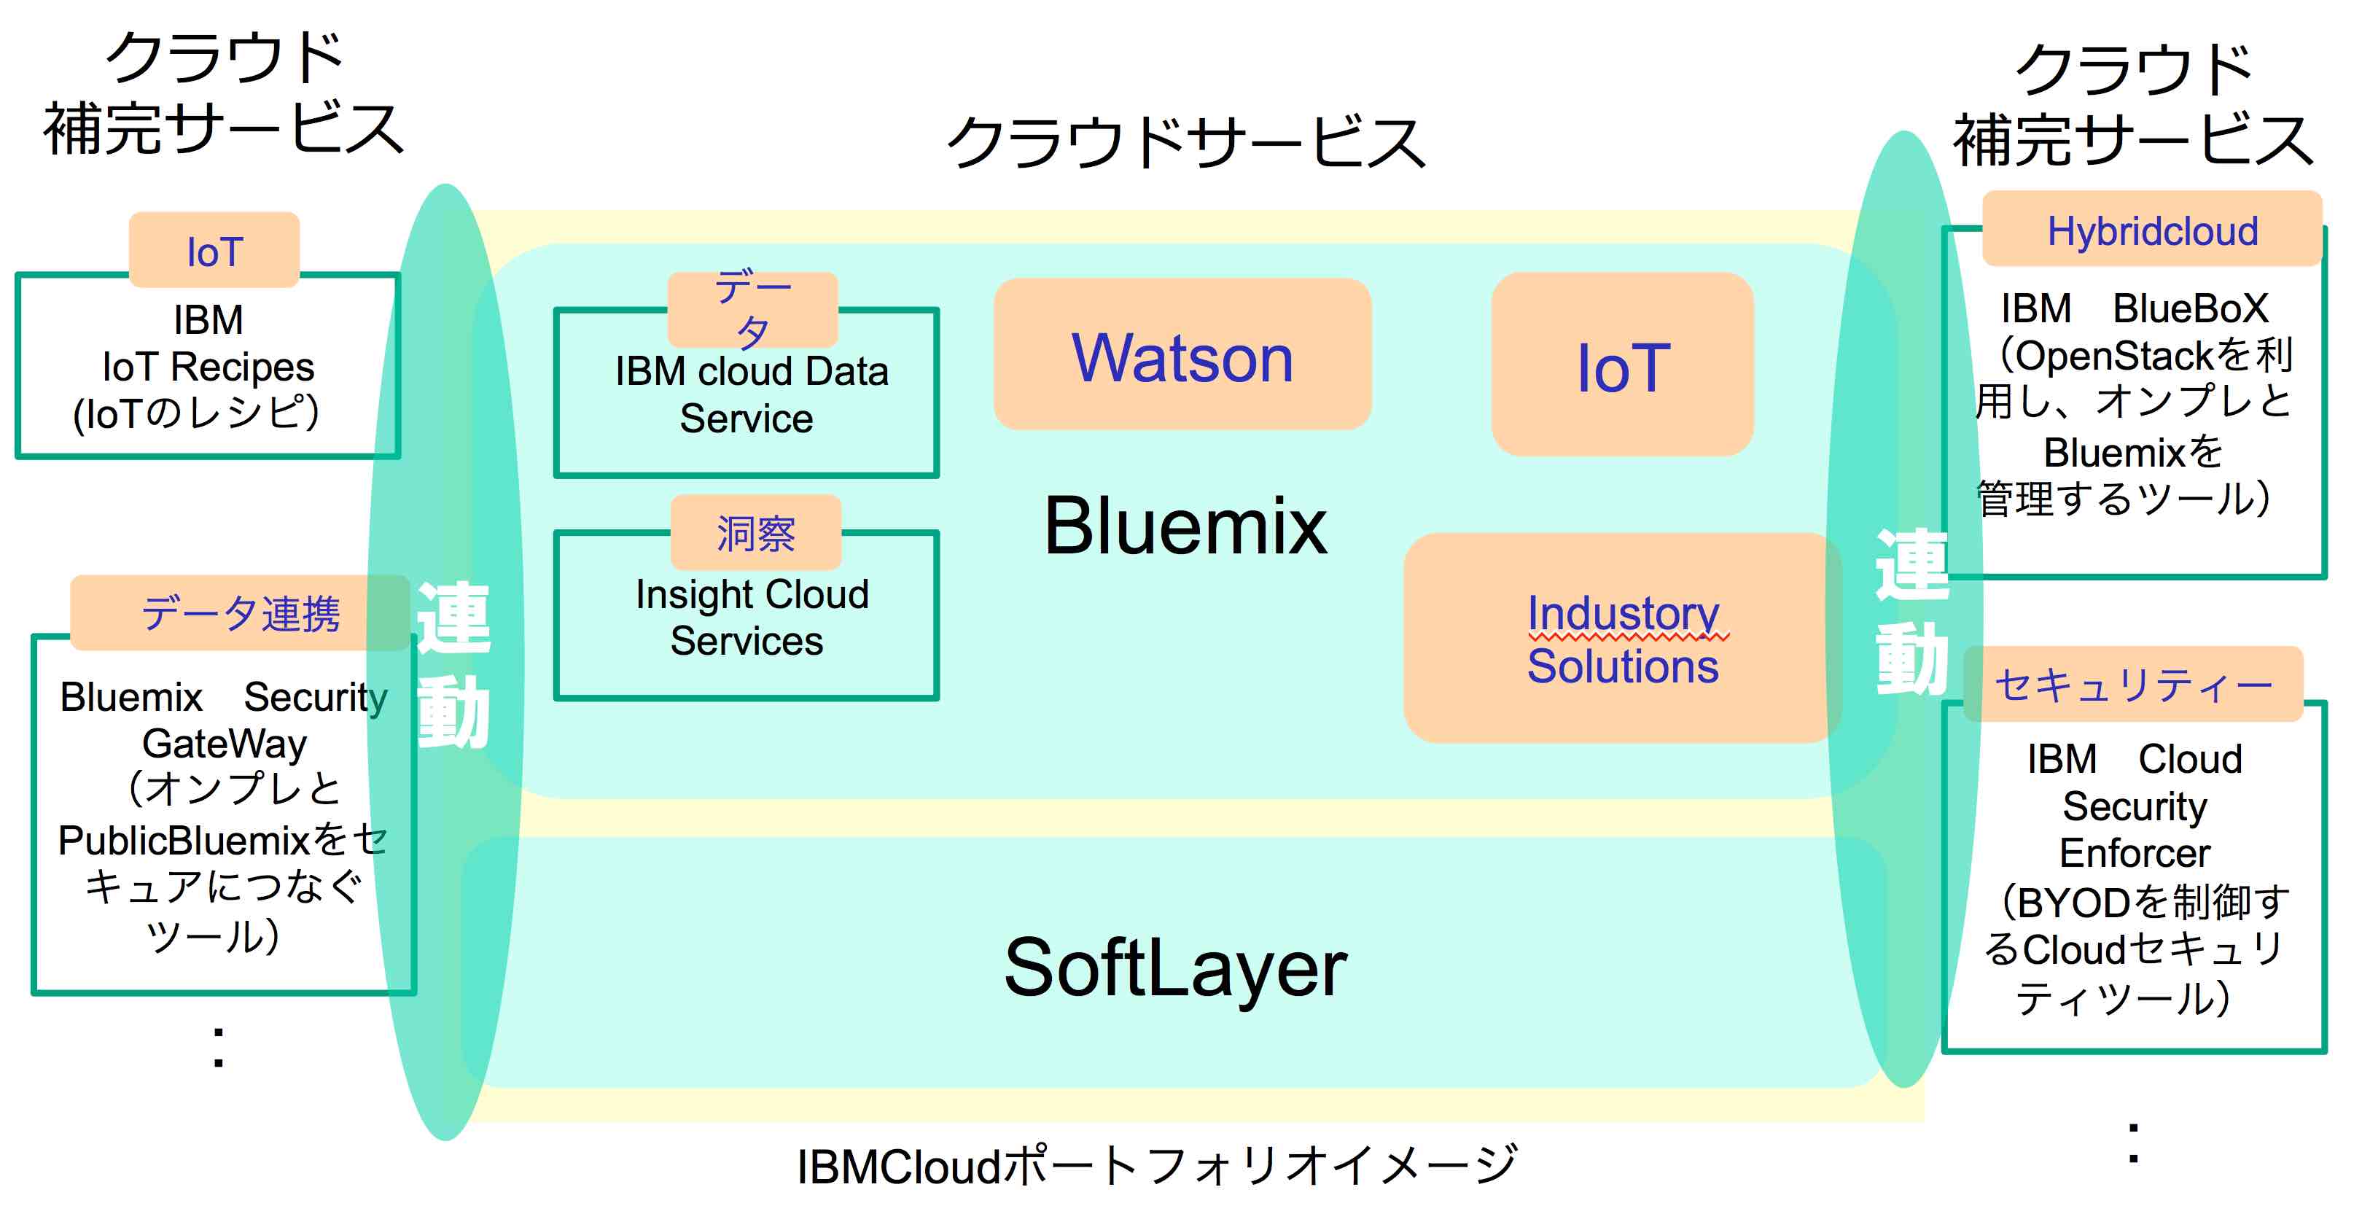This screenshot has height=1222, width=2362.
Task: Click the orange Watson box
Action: coord(1181,356)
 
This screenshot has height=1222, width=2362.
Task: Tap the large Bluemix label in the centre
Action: coord(1185,526)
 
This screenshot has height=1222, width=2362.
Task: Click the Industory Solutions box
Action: coord(1621,639)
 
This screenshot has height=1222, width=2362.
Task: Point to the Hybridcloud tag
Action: coord(2151,230)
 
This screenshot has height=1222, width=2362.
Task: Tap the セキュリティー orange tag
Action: coord(2133,684)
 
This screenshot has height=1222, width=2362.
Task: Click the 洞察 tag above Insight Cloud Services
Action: coord(755,532)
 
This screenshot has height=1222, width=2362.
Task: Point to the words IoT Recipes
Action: coord(208,367)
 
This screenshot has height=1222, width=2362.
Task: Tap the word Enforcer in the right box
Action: coord(2134,852)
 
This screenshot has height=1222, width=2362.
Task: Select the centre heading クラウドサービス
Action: coord(1185,142)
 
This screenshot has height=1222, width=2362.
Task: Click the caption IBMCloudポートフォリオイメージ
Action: coord(1155,1166)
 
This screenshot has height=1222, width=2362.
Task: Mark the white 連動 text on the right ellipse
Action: coord(1911,612)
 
